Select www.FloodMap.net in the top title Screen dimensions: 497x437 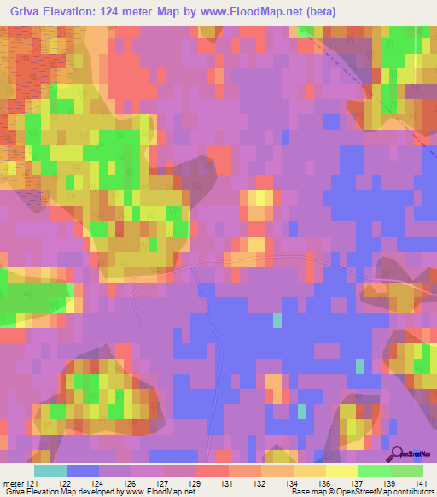pyautogui.click(x=256, y=12)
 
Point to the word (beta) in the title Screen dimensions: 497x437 pyautogui.click(x=322, y=12)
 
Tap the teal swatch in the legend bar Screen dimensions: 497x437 pyautogui.click(x=50, y=471)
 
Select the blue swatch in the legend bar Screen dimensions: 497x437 pyautogui.click(x=83, y=471)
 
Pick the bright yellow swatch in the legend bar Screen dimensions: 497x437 pyautogui.click(x=342, y=471)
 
